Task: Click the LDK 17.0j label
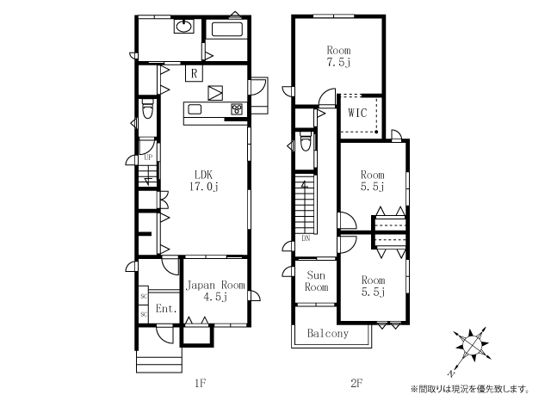click(204, 181)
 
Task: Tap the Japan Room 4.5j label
click(215, 291)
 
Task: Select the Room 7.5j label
click(338, 56)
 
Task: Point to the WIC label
click(357, 113)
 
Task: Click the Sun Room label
click(316, 281)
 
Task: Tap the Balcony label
click(328, 333)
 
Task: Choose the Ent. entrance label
click(166, 309)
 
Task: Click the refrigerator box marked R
click(195, 74)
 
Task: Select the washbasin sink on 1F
click(183, 26)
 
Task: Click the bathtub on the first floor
click(227, 30)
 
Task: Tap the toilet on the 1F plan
click(148, 109)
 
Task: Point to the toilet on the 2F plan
click(306, 141)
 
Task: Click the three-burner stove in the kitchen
click(237, 108)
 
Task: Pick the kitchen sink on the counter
click(195, 109)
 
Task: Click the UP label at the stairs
click(148, 157)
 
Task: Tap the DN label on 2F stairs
click(306, 238)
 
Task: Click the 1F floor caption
click(200, 383)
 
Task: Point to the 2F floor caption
click(356, 383)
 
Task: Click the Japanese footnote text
click(470, 389)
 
